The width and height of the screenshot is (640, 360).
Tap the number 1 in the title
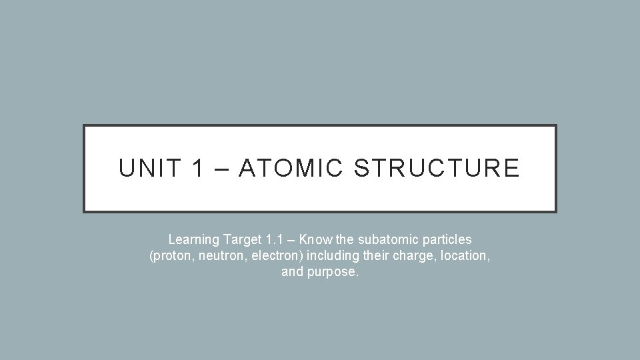pyautogui.click(x=197, y=168)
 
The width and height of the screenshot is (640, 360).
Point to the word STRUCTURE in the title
pyautogui.click(x=437, y=168)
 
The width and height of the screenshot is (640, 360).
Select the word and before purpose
pyautogui.click(x=292, y=273)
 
